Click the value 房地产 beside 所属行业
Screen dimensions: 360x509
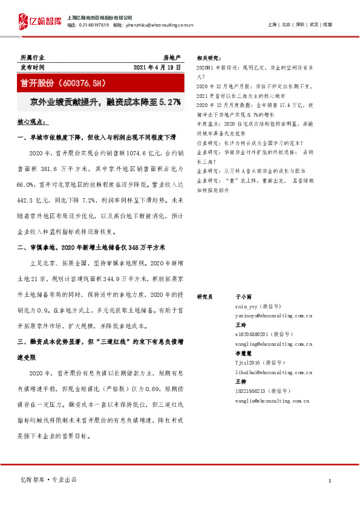pos(172,57)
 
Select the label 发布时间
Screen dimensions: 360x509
pos(33,67)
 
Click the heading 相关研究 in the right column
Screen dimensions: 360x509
pos(209,58)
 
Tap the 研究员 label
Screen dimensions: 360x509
pos(205,297)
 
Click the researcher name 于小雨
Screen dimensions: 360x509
pos(243,297)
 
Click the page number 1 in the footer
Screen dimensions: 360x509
pos(330,481)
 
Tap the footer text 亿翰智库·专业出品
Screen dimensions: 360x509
pos(49,480)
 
